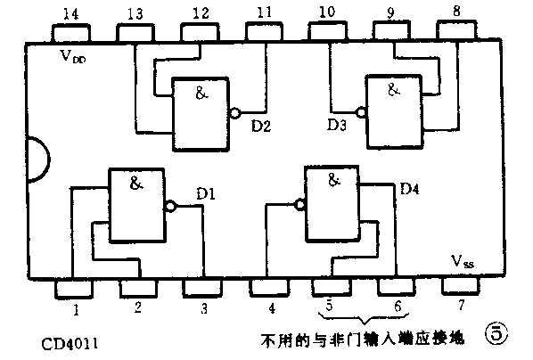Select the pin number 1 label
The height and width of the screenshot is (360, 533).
[x=77, y=310]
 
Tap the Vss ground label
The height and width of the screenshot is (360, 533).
[x=462, y=263]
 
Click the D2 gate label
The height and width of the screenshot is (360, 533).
[x=261, y=126]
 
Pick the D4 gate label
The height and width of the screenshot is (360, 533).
[x=409, y=189]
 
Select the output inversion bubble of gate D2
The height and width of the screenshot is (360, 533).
[x=234, y=113]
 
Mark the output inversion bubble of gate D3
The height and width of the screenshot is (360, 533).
[x=361, y=113]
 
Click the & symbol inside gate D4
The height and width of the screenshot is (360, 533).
[x=335, y=180]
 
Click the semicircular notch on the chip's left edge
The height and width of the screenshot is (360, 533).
[x=37, y=160]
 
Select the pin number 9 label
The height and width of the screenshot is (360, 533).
[x=389, y=12]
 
